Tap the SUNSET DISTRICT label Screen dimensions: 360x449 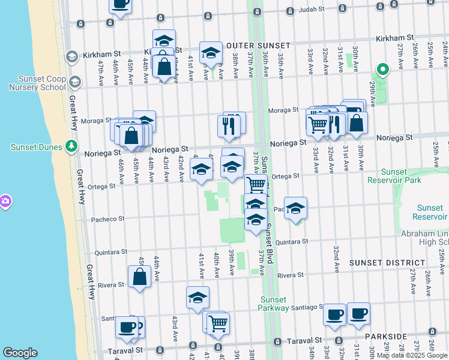(387, 263)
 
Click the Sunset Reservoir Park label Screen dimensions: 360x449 (396, 175)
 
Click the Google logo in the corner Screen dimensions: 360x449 (20, 353)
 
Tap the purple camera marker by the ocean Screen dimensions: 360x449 (5, 201)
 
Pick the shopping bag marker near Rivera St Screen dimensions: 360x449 (139, 277)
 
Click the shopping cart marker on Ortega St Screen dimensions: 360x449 (256, 185)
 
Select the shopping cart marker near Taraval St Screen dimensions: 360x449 (218, 323)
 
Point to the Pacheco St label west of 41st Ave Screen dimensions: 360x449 (108, 219)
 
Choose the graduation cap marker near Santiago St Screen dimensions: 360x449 (197, 298)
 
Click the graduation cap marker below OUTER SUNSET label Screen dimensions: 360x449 (211, 54)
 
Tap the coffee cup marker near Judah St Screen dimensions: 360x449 (120, 4)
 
